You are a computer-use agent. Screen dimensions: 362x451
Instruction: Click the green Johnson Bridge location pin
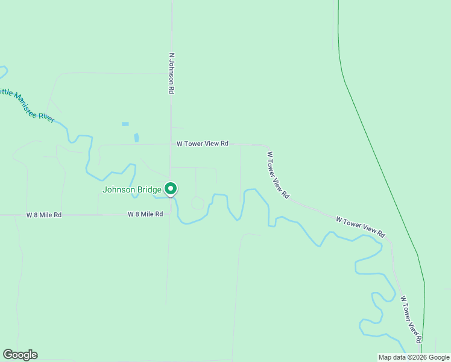(x=171, y=189)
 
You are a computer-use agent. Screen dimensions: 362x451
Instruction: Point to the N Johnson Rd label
(x=172, y=73)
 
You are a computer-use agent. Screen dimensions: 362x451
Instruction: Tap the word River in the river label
(x=47, y=115)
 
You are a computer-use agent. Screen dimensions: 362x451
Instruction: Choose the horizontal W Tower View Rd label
(x=203, y=144)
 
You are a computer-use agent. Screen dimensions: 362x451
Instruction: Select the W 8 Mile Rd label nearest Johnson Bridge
(x=145, y=214)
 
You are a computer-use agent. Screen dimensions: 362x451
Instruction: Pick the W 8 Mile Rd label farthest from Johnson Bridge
(x=44, y=215)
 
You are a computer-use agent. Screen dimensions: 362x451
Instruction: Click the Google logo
(x=20, y=355)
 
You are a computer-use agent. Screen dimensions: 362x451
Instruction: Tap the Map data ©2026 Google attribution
(x=414, y=357)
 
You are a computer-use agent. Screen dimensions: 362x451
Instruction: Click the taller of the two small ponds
(x=136, y=137)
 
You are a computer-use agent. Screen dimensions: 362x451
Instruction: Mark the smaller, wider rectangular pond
(x=125, y=124)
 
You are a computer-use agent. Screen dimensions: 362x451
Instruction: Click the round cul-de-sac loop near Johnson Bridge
(x=197, y=203)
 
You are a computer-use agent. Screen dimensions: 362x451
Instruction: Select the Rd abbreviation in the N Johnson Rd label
(x=172, y=88)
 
